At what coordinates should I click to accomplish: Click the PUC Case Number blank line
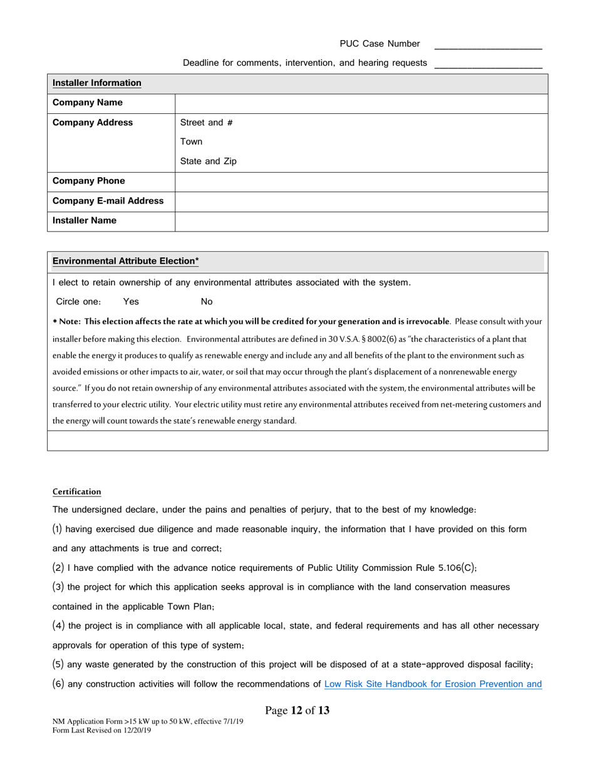tap(488, 45)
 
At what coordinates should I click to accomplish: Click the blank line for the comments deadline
tap(488, 64)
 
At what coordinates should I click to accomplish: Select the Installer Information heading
tap(96, 83)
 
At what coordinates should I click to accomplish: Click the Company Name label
tap(87, 103)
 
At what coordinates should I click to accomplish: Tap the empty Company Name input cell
tap(361, 103)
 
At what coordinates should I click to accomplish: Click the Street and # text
tap(207, 123)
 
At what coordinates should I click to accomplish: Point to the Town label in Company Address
tap(191, 141)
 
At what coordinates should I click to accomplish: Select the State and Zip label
tap(208, 162)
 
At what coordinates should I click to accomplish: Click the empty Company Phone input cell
tap(361, 182)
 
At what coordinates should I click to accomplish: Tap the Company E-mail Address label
tap(108, 201)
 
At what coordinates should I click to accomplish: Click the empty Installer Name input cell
tap(361, 221)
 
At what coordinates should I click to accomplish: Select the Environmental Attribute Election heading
tap(125, 261)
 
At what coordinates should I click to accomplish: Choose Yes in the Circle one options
tap(131, 302)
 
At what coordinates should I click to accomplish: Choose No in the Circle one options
tap(207, 302)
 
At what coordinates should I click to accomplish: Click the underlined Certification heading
tap(76, 492)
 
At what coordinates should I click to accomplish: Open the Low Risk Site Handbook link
tap(432, 684)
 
